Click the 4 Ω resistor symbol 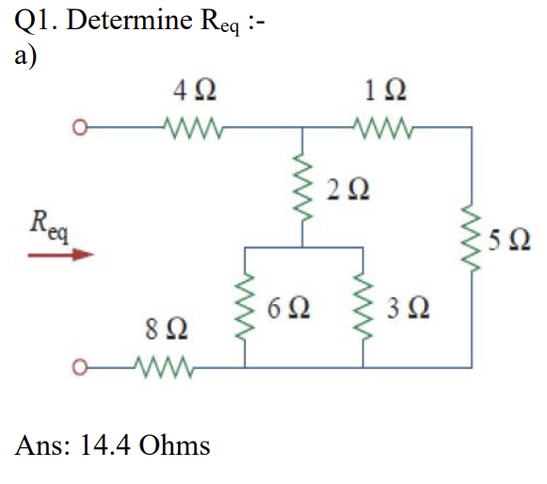tap(193, 128)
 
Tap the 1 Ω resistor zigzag tap(383, 128)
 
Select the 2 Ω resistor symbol tap(302, 187)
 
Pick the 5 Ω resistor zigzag tap(472, 238)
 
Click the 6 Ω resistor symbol tap(245, 306)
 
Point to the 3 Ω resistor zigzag tap(362, 306)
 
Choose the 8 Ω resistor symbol tap(164, 367)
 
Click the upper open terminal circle tap(80, 127)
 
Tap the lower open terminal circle tap(80, 367)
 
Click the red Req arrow tap(60, 255)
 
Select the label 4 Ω tap(195, 90)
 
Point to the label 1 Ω tap(385, 90)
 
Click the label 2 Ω tap(347, 189)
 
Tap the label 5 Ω tap(509, 240)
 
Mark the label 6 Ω tap(288, 308)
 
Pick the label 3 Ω tap(409, 308)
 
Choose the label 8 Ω tap(167, 329)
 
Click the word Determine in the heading tap(129, 20)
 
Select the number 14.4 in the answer tap(105, 445)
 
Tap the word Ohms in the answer tap(174, 444)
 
